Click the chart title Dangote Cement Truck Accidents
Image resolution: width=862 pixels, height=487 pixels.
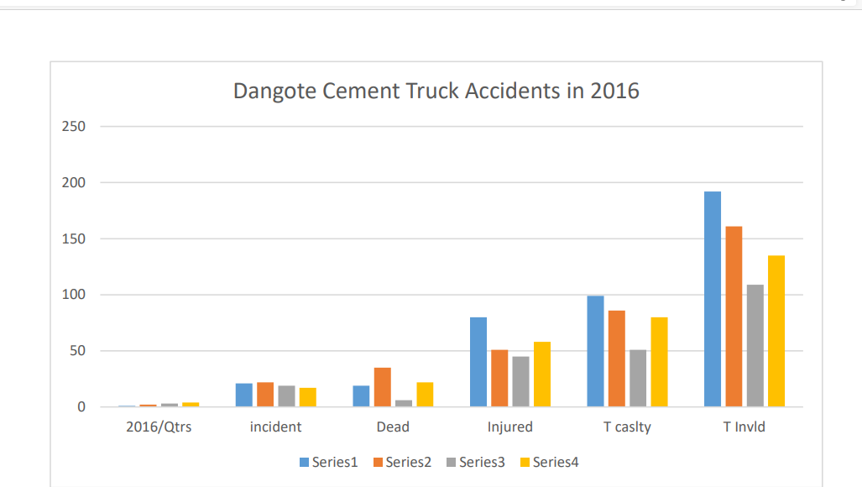[x=436, y=91]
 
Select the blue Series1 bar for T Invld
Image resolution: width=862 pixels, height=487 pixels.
[x=713, y=299]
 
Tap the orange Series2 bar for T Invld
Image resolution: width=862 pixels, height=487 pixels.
[x=734, y=317]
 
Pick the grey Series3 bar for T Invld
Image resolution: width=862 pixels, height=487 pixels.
[x=755, y=346]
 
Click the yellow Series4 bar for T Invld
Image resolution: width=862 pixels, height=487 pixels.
[x=776, y=331]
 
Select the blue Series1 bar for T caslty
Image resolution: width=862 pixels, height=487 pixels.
[x=595, y=351]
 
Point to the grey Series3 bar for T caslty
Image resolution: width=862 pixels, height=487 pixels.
[x=638, y=378]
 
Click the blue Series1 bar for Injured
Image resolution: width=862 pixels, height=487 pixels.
[x=478, y=362]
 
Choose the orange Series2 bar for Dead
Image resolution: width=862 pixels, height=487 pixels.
[x=383, y=387]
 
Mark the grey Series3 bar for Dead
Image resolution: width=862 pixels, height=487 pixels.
[x=404, y=403]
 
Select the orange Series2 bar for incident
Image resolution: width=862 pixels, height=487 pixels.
[x=265, y=395]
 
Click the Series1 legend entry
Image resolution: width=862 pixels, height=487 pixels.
[x=329, y=462]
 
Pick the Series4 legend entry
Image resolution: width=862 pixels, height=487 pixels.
[x=550, y=462]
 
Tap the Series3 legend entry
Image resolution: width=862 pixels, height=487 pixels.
[x=476, y=462]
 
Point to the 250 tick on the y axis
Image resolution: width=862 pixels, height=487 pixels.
[x=74, y=127]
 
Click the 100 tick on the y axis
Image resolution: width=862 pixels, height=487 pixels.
[x=74, y=295]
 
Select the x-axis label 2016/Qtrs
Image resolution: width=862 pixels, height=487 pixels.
[x=159, y=427]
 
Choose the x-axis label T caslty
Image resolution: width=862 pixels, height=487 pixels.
[x=627, y=427]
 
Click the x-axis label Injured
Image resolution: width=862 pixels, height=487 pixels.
[x=510, y=427]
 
